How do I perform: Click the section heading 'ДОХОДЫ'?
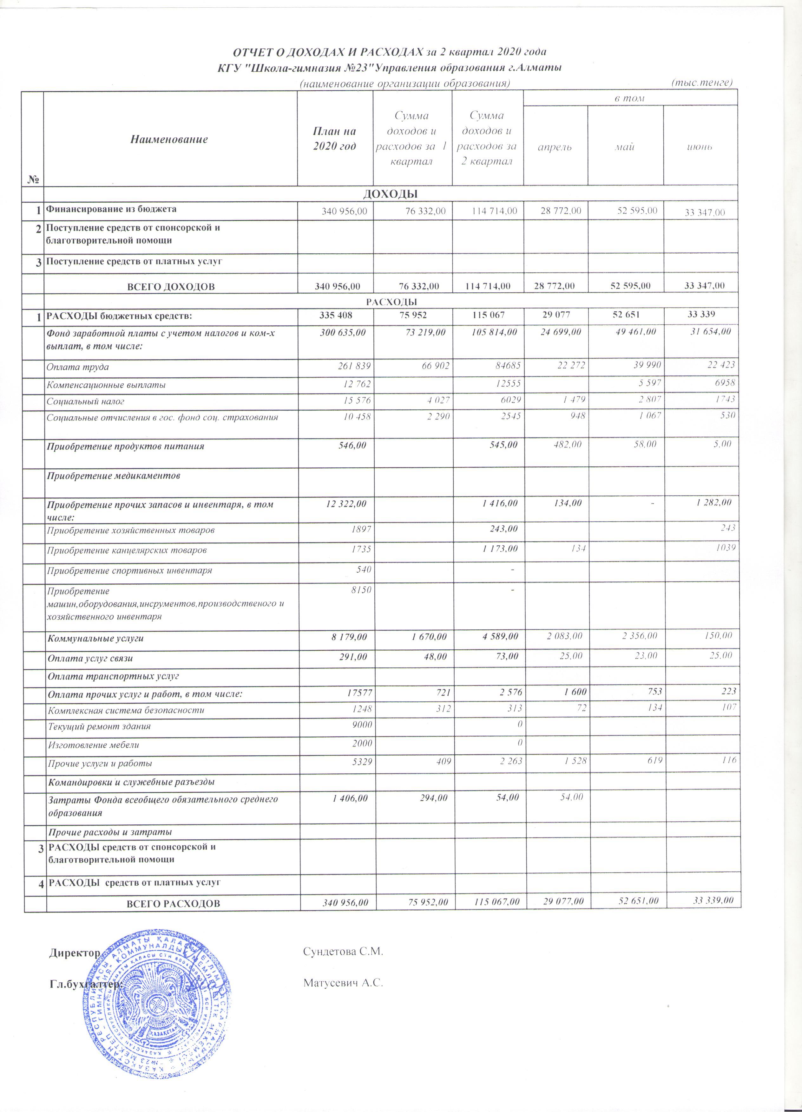390,194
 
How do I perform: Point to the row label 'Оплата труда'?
77,367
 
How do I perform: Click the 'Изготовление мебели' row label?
93,745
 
